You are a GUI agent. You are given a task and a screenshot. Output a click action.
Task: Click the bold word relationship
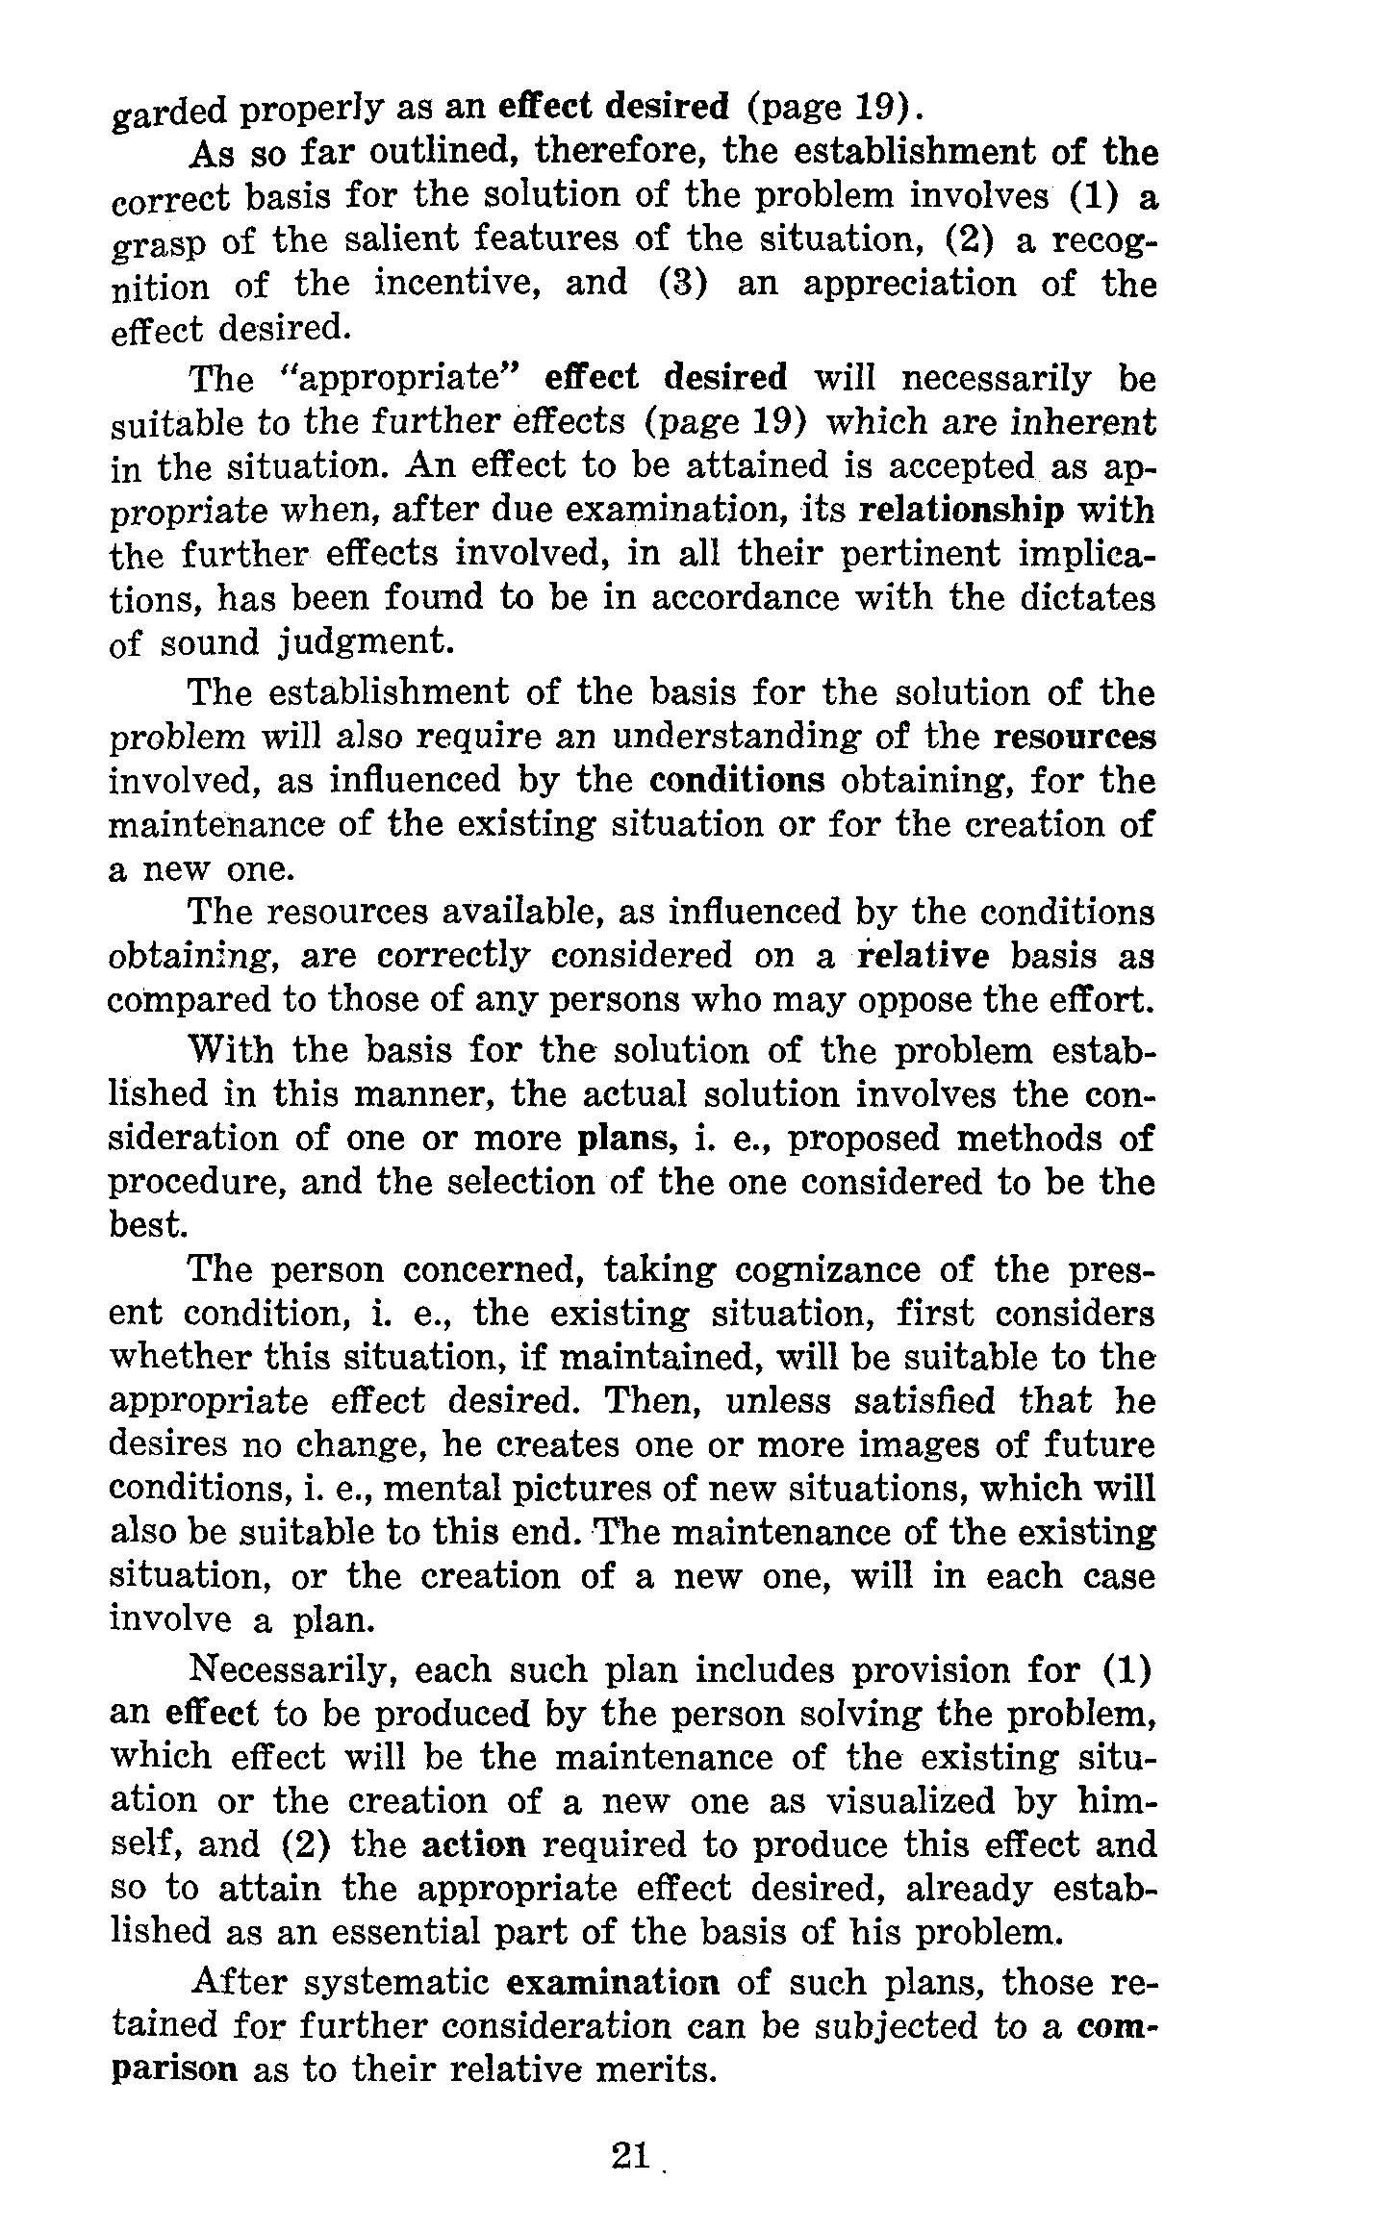point(959,511)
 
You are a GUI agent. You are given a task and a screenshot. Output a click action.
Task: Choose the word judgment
point(352,642)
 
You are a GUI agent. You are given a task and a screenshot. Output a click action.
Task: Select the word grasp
point(157,242)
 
